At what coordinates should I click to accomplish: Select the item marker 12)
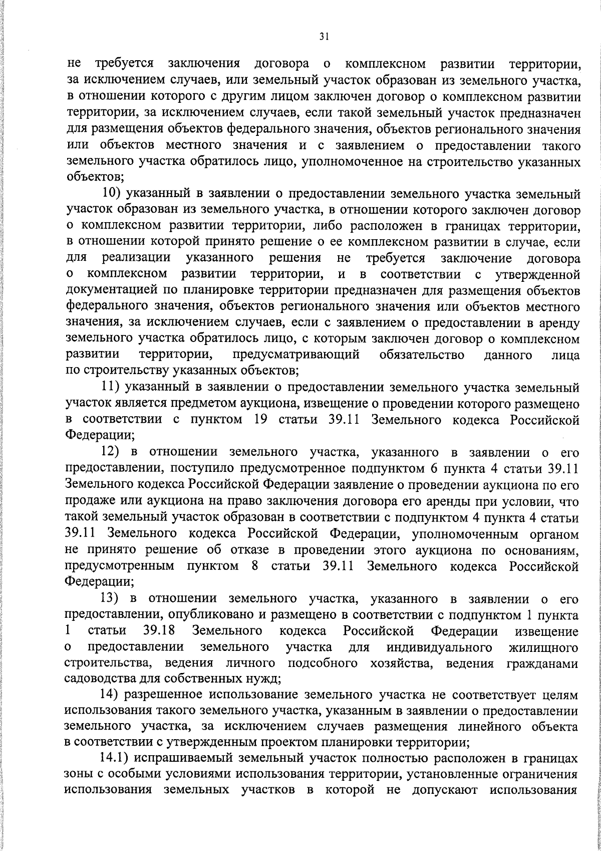tap(112, 452)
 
